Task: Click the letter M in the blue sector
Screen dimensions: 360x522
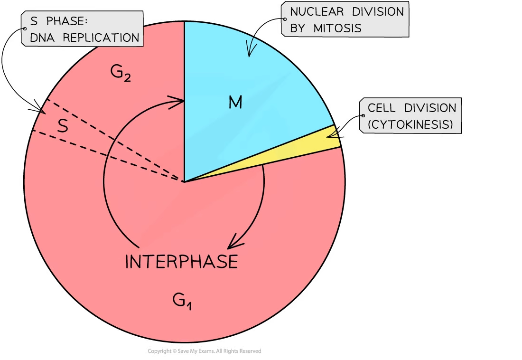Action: click(x=235, y=102)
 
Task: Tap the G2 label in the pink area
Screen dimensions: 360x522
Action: click(x=121, y=73)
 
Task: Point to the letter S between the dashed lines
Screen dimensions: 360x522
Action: click(x=63, y=126)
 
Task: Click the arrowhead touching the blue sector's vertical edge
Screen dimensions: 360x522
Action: click(x=177, y=100)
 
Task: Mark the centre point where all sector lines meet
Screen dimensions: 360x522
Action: click(x=184, y=181)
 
